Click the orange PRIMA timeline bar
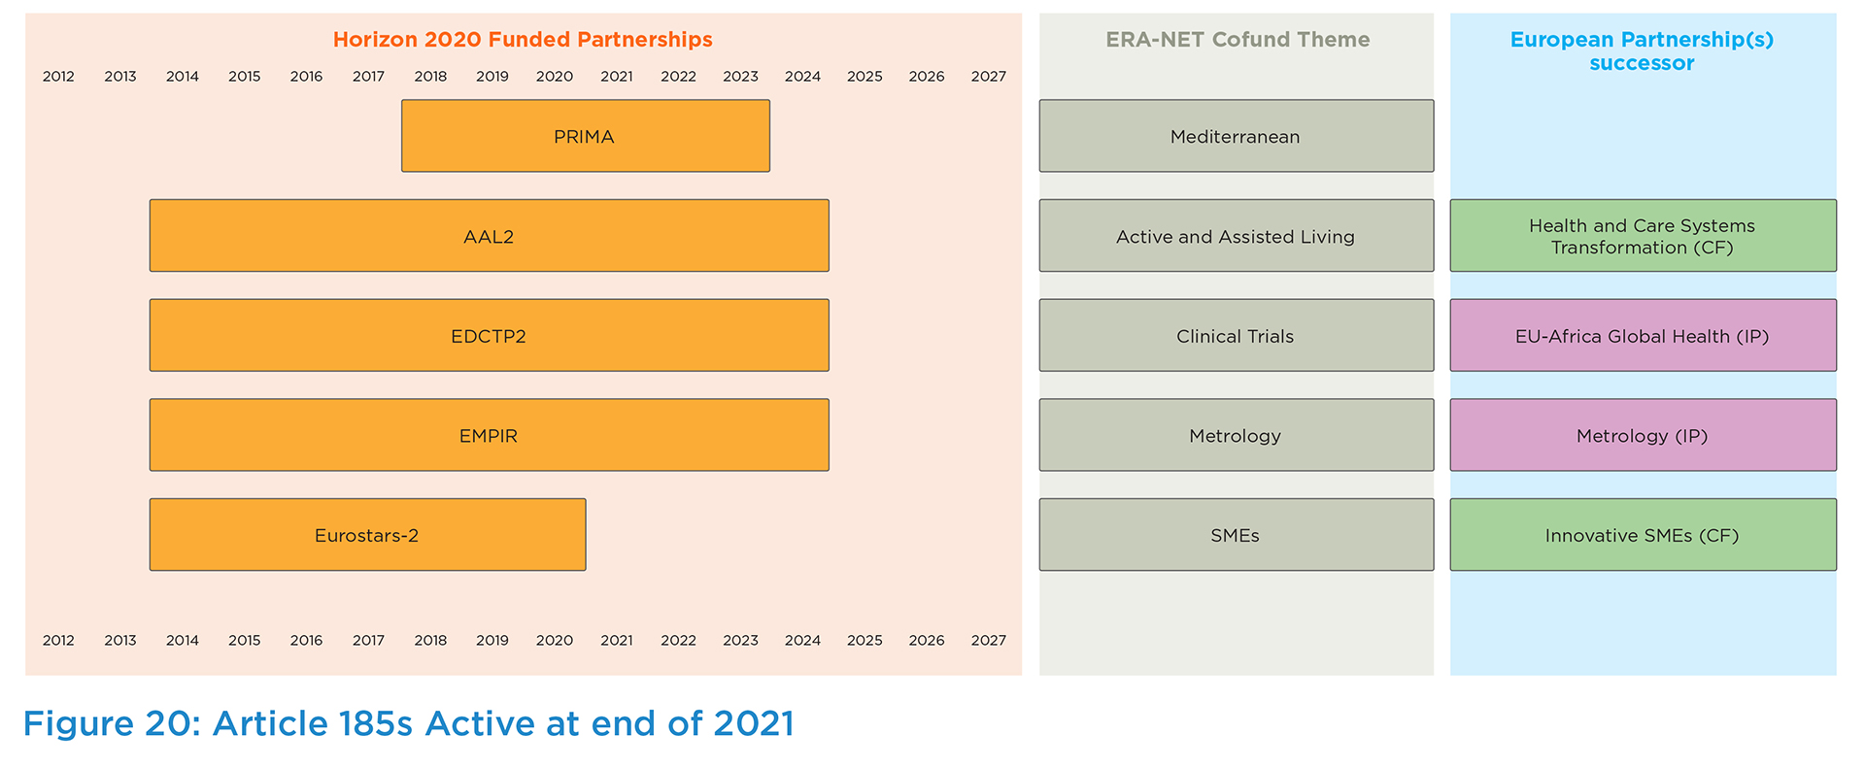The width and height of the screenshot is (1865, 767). (x=586, y=136)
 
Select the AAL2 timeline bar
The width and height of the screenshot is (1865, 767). (x=490, y=236)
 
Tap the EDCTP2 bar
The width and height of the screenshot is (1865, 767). (x=490, y=335)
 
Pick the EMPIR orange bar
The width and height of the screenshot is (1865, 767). (x=490, y=435)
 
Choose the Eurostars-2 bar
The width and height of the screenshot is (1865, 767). (x=368, y=535)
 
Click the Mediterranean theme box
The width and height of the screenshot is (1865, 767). (x=1237, y=136)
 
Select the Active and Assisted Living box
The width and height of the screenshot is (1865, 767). (x=1237, y=236)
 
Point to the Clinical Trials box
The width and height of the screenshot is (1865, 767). (x=1237, y=335)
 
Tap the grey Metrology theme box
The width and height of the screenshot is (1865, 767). (x=1237, y=435)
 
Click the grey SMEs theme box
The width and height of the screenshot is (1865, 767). (x=1237, y=535)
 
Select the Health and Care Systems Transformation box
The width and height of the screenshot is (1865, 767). (x=1644, y=236)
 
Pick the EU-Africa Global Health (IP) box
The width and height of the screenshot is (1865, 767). (x=1644, y=335)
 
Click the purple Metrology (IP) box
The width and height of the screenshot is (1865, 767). (x=1644, y=435)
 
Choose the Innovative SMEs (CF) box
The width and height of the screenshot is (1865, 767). (x=1644, y=535)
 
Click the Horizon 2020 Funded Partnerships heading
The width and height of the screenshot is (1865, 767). (x=523, y=40)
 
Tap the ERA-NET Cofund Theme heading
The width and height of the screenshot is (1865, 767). (x=1238, y=40)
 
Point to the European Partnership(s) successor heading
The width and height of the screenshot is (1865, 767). (x=1642, y=51)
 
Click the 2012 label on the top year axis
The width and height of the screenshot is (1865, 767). (x=58, y=77)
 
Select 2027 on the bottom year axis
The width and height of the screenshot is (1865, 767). (x=989, y=641)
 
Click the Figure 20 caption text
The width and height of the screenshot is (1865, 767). (x=409, y=724)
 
